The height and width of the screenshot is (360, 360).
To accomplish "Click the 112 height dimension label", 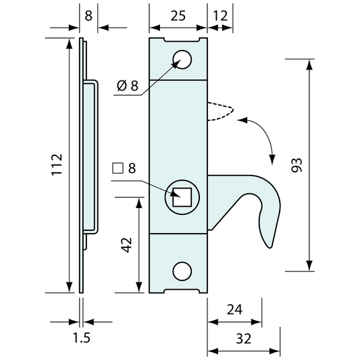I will coord(56,166).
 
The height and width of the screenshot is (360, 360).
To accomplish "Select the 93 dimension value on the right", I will coord(297,166).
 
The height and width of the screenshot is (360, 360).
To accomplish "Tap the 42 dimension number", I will coord(126,245).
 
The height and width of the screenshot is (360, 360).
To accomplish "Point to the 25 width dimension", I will coord(177,14).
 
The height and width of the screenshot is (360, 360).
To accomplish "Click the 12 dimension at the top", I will coord(220,14).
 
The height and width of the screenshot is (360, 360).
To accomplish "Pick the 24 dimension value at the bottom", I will coord(234,310).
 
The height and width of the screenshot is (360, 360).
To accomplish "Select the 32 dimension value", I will coord(243,338).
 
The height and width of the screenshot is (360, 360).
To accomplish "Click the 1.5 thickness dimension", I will coord(81,338).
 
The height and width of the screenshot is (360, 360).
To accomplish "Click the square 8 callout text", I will coord(125,168).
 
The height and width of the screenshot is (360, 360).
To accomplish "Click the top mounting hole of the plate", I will coord(181,59).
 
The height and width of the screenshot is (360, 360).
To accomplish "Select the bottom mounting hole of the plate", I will coord(181,272).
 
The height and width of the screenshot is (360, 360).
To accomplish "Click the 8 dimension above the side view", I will coord(88,14).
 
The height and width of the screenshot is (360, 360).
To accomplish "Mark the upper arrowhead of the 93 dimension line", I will coord(309,65).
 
